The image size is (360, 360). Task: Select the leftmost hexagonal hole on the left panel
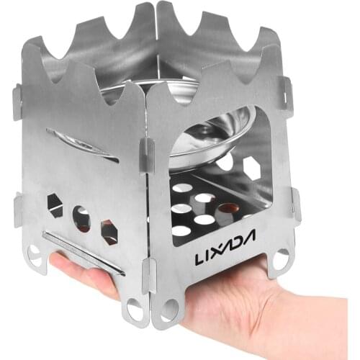tap(55, 204)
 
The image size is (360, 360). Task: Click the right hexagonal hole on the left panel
tap(109, 231)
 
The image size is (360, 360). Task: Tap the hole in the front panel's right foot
tap(281, 258)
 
